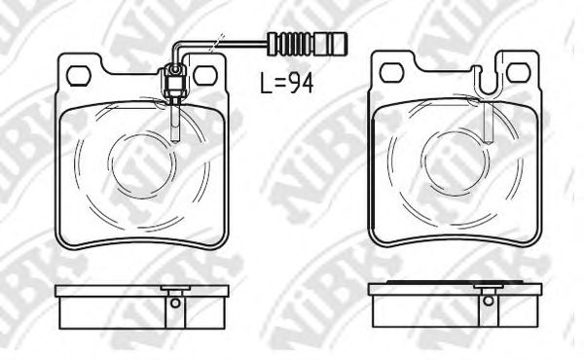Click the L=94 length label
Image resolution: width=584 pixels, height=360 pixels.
point(287,83)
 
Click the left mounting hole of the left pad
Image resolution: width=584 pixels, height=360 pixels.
point(79,76)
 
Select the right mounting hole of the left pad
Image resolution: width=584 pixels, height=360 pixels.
point(204,76)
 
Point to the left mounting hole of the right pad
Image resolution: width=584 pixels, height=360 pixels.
point(392,73)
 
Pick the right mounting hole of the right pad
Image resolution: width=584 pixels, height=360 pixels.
point(518,72)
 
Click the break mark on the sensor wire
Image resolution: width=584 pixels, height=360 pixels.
point(216,43)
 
